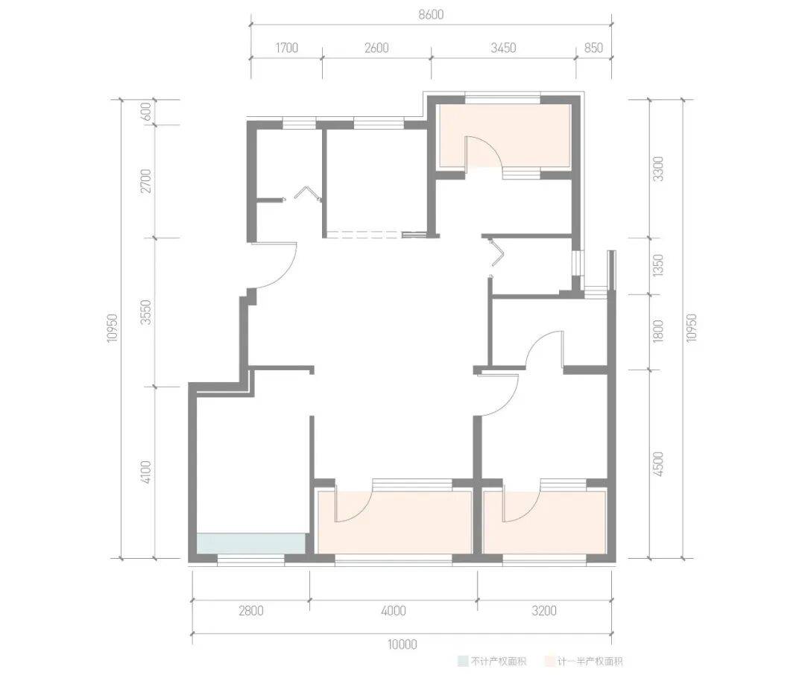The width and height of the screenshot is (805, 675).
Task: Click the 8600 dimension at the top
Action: click(x=431, y=14)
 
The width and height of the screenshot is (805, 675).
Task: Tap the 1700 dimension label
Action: click(x=286, y=48)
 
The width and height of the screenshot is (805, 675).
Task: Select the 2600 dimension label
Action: click(x=376, y=48)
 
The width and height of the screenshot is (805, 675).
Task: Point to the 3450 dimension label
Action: click(x=503, y=48)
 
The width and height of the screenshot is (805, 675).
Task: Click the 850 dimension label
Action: click(x=593, y=48)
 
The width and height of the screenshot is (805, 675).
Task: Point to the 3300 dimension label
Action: click(x=658, y=169)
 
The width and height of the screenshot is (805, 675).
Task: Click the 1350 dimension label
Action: click(x=658, y=265)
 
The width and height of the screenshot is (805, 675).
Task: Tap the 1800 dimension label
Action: click(x=658, y=331)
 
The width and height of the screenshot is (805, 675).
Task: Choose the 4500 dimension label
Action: click(x=658, y=463)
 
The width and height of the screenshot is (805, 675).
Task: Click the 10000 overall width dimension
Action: click(x=402, y=644)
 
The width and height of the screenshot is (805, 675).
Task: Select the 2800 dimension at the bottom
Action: click(x=251, y=610)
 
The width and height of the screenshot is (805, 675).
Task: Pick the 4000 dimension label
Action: click(x=394, y=610)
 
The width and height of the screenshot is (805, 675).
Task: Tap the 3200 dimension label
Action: click(x=544, y=610)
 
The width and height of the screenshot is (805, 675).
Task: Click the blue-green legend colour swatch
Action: click(x=463, y=661)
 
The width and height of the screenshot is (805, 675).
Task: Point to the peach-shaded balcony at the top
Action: click(x=505, y=136)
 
